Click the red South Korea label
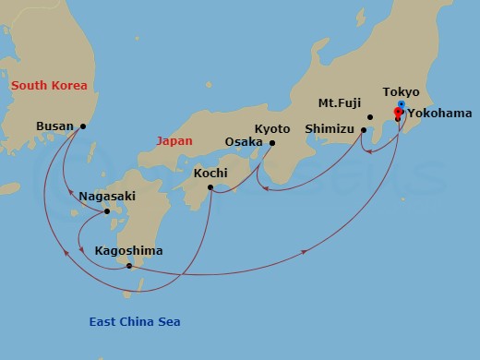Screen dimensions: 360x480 tap(49, 86)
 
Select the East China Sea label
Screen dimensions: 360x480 tap(135, 321)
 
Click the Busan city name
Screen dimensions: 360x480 tap(54, 126)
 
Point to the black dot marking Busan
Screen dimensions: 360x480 tap(83, 126)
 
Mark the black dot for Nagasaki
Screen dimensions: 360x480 tap(107, 211)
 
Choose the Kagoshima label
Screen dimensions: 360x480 tap(128, 250)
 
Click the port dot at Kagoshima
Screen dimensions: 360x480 tap(129, 267)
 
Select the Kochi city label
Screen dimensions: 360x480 tap(211, 172)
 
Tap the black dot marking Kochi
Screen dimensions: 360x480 tap(211, 188)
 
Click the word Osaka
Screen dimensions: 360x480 tap(244, 142)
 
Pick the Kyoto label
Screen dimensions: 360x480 tap(271, 128)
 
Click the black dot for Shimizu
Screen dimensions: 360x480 tap(364, 130)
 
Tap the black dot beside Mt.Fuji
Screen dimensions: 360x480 tap(370, 117)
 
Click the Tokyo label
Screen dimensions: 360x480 tap(401, 92)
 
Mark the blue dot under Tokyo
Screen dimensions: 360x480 tap(400, 104)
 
